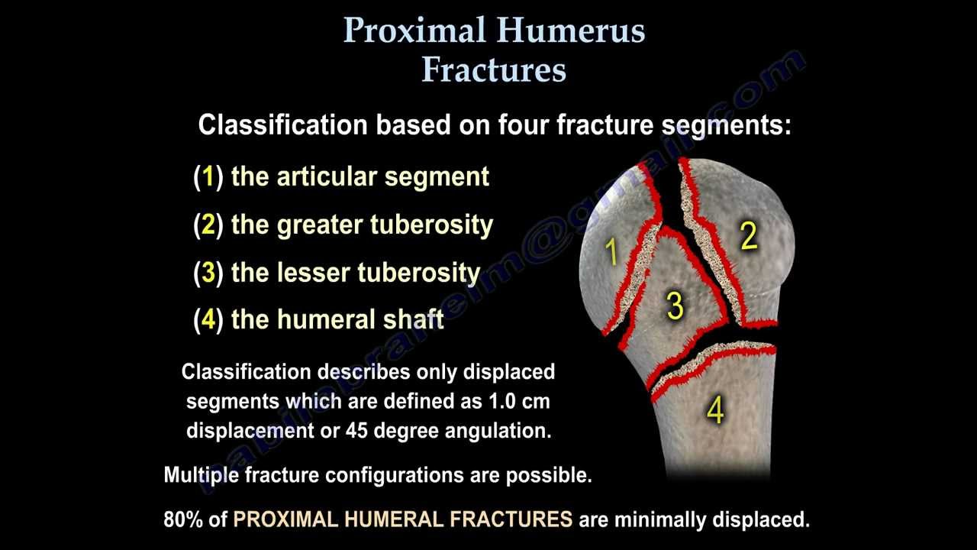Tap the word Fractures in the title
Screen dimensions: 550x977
(x=494, y=70)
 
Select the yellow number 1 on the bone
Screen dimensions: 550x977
(x=611, y=251)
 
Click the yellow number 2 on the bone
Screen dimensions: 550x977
(x=749, y=237)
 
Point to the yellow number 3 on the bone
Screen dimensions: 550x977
(x=675, y=306)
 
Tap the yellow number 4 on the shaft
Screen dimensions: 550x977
(x=715, y=411)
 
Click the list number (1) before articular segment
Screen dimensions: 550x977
(x=208, y=177)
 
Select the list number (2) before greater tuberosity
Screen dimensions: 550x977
(x=208, y=225)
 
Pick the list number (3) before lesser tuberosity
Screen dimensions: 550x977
(x=208, y=273)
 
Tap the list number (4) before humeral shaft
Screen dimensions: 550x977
(x=208, y=319)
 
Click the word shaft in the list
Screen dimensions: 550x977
(x=414, y=319)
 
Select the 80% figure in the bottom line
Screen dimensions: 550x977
(x=185, y=520)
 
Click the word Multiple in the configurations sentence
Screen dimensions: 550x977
(x=202, y=475)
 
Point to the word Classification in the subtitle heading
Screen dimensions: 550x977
(x=282, y=125)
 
